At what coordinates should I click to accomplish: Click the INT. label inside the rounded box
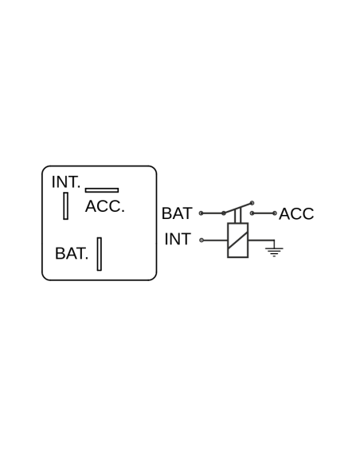click(66, 182)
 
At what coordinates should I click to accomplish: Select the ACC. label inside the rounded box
click(104, 206)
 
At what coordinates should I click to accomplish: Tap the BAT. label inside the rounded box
click(72, 253)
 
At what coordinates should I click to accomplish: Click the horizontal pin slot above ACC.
click(102, 190)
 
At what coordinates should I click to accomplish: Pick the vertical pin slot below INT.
click(65, 205)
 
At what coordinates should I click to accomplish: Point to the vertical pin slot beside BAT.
click(100, 254)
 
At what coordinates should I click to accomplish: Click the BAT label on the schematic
click(177, 213)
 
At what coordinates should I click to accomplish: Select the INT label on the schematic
click(178, 239)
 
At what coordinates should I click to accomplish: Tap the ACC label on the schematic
click(296, 214)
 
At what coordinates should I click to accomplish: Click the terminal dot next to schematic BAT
click(201, 213)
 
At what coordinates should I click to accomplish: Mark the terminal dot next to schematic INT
click(202, 240)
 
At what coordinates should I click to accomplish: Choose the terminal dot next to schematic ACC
click(275, 213)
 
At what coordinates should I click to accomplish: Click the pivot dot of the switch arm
click(224, 213)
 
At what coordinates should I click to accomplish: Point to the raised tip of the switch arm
click(252, 203)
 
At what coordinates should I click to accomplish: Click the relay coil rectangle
click(238, 240)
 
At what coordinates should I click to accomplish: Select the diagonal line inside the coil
click(238, 240)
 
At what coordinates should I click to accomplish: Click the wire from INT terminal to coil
click(215, 240)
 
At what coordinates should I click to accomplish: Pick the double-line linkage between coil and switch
click(238, 216)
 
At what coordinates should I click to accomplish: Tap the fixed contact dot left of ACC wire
click(252, 213)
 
